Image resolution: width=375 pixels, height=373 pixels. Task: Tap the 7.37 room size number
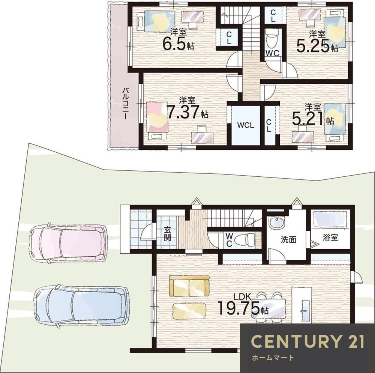coord(183,112)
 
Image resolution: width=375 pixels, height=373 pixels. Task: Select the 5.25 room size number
coord(313,46)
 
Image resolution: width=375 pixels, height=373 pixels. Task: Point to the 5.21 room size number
coord(308,119)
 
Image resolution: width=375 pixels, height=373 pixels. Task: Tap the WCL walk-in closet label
coord(246,125)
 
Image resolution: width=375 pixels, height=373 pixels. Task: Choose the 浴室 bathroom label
coord(330,237)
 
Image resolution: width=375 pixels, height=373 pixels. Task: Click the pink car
coord(68,243)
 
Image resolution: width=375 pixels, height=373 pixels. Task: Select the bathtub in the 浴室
coord(330,219)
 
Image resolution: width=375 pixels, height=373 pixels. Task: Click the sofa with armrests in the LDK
coord(189,286)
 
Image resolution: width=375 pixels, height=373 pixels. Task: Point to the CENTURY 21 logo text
coord(307,341)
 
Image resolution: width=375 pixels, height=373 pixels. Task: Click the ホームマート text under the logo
coord(273,358)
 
